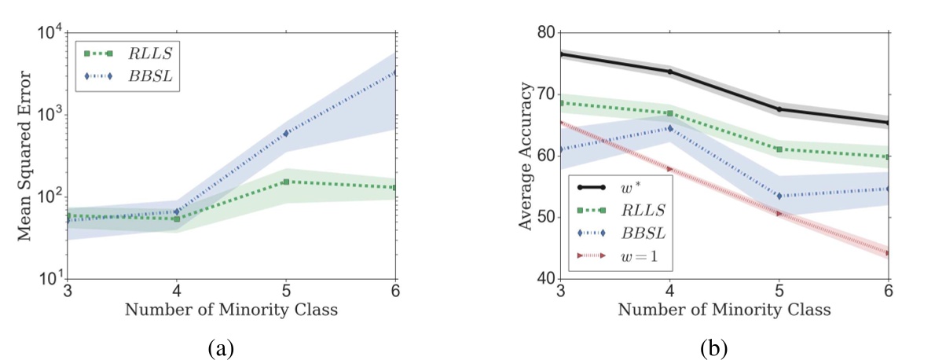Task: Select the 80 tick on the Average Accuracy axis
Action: pyautogui.click(x=544, y=32)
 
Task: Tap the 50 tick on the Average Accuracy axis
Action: pyautogui.click(x=544, y=217)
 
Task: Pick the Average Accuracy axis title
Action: pyautogui.click(x=522, y=155)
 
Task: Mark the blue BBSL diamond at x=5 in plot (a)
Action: pyautogui.click(x=285, y=133)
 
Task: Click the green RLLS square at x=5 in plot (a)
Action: pyautogui.click(x=285, y=182)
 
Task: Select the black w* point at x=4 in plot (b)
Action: pyautogui.click(x=669, y=72)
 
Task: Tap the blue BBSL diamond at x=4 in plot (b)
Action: pyautogui.click(x=669, y=128)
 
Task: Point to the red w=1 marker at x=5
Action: pyautogui.click(x=779, y=213)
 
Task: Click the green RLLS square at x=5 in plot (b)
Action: pyautogui.click(x=779, y=149)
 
